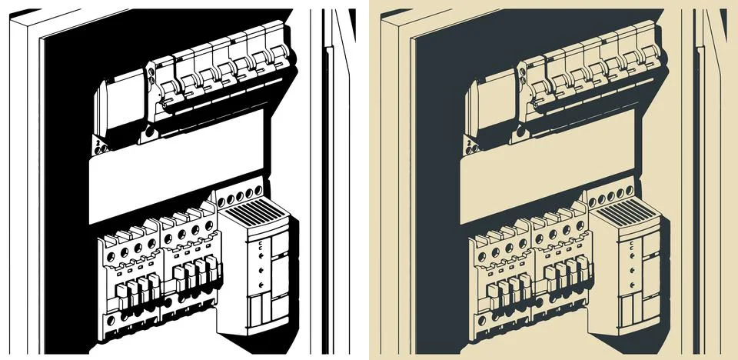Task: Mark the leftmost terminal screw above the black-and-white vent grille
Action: point(223,202)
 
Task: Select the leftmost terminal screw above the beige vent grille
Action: point(593,202)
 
